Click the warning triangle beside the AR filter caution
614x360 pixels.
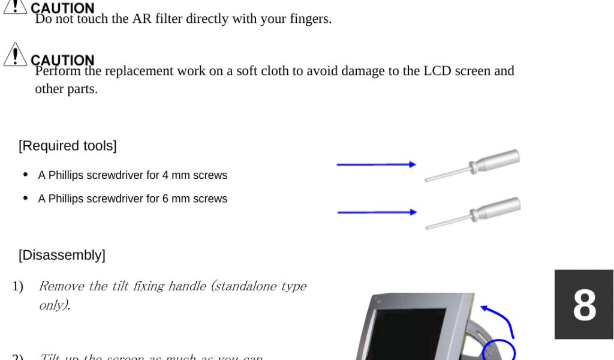15,6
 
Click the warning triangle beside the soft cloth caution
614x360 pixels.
15,55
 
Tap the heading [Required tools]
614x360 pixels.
68,146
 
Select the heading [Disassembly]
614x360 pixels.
62,255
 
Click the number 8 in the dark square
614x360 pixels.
584,305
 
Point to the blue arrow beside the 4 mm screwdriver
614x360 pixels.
376,164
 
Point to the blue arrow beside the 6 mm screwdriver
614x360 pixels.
377,212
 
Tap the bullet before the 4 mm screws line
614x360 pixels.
25,175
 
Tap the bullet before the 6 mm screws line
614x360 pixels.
25,198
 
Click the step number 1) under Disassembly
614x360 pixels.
17,286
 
